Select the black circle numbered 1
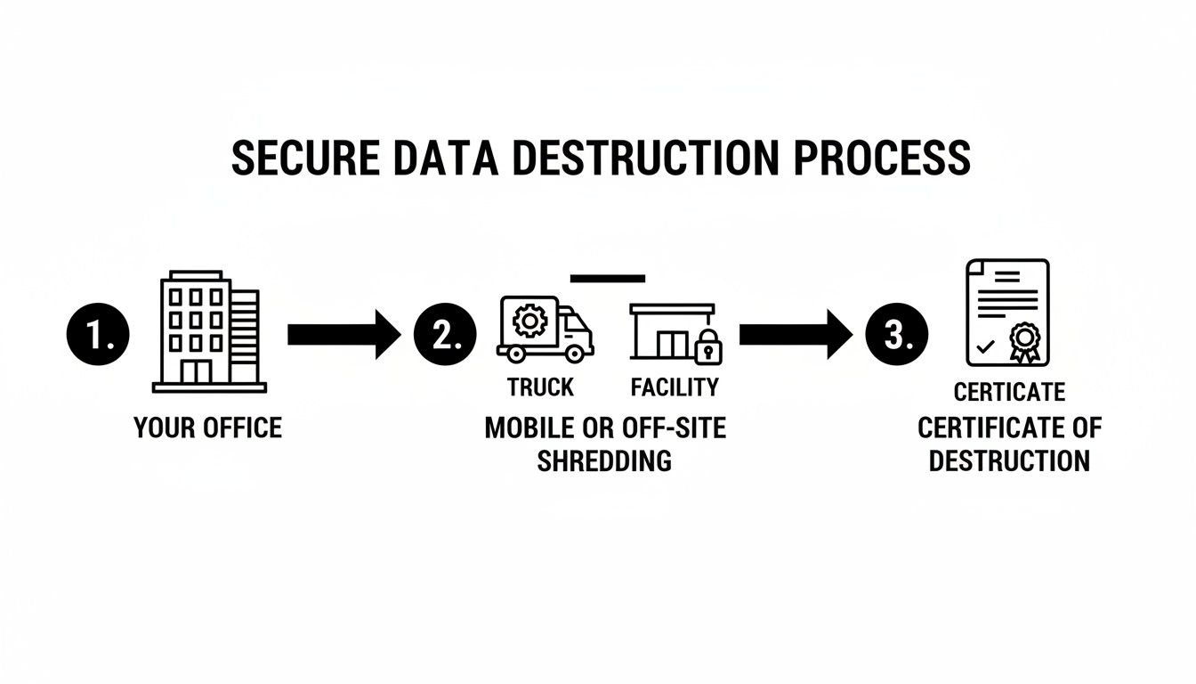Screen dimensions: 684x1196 click(x=98, y=335)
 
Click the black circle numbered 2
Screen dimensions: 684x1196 click(x=445, y=335)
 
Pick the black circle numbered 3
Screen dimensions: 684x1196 click(x=896, y=335)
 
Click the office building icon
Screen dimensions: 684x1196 click(x=209, y=331)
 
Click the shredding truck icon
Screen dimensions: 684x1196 click(x=545, y=330)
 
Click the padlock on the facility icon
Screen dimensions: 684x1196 click(x=707, y=347)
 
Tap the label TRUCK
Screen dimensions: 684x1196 click(x=540, y=387)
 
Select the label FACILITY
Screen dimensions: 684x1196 click(x=674, y=387)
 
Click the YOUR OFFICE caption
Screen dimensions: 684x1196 click(x=207, y=427)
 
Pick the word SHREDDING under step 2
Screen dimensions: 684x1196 click(x=604, y=460)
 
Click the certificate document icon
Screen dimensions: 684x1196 click(x=1007, y=313)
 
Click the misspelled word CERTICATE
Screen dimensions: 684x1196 click(x=1009, y=392)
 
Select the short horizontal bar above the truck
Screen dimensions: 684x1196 click(x=608, y=279)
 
